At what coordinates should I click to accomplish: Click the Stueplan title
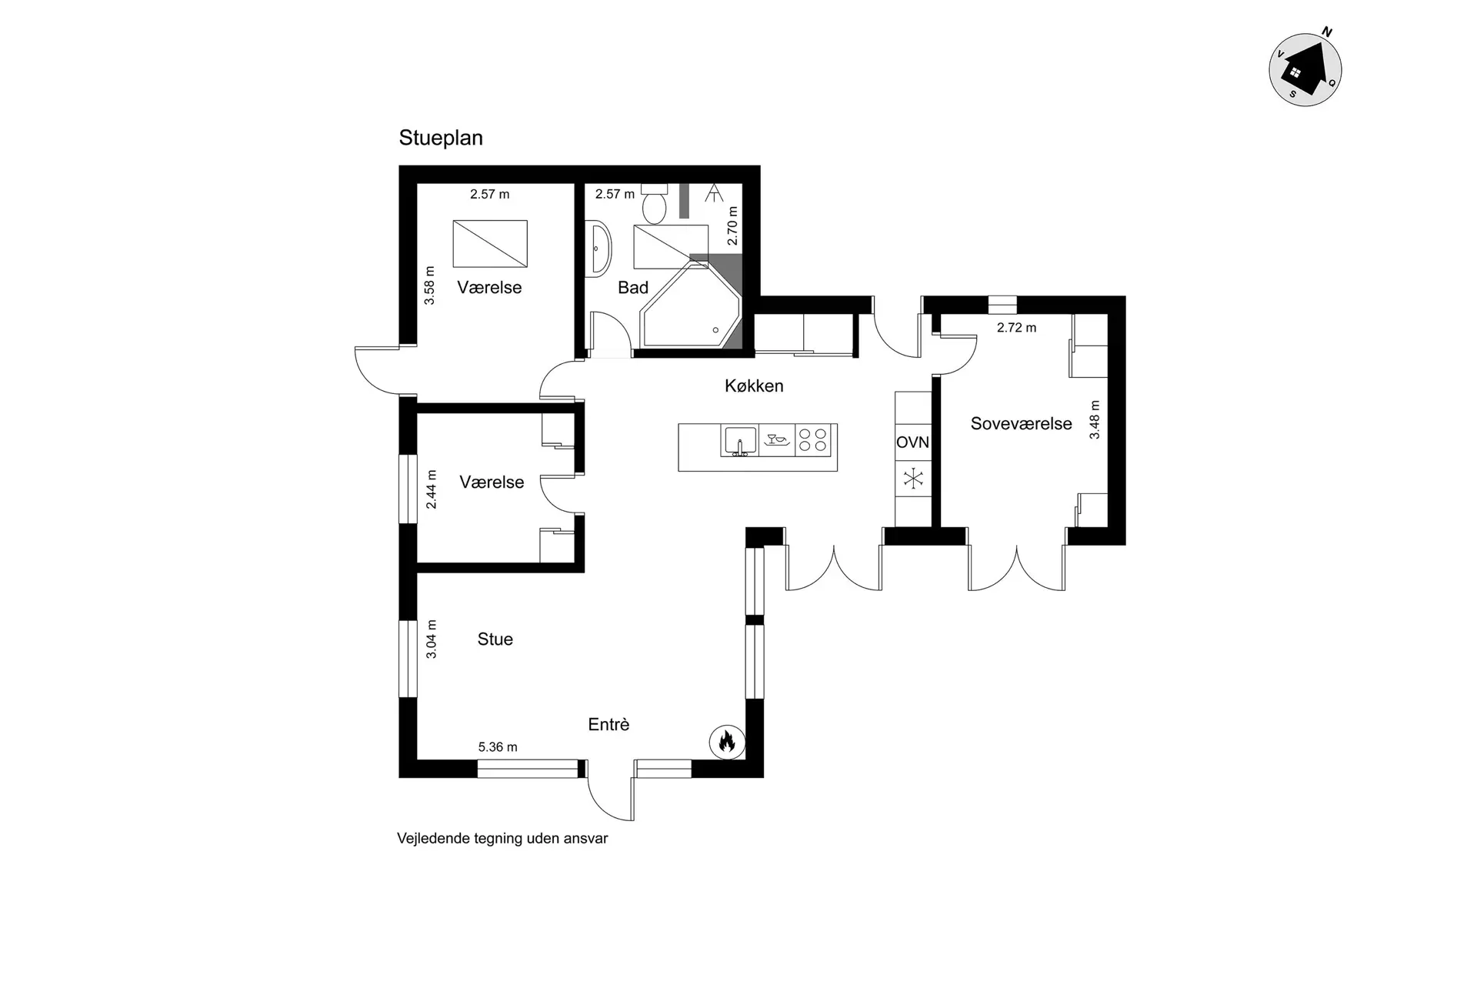click(x=441, y=139)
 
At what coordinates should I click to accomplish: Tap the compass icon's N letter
click(x=1327, y=32)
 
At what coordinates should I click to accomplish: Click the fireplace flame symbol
click(x=727, y=742)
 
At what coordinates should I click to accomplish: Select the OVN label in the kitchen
click(x=913, y=442)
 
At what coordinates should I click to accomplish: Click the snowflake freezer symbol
click(x=913, y=479)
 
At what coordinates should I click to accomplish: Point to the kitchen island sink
click(x=739, y=442)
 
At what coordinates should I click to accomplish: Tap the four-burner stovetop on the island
click(x=813, y=440)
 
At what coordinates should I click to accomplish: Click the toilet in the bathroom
click(x=655, y=203)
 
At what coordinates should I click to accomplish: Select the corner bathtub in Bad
click(x=690, y=306)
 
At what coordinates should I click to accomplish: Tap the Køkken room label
click(x=754, y=386)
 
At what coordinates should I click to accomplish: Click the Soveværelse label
click(x=1021, y=424)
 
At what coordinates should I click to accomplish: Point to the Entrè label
click(x=608, y=725)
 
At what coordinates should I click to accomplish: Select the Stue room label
click(x=495, y=639)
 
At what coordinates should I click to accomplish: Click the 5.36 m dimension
click(x=498, y=747)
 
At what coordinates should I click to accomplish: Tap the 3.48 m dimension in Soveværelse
click(x=1095, y=420)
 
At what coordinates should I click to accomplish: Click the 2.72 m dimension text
click(x=1016, y=328)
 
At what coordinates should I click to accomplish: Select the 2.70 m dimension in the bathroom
click(x=732, y=226)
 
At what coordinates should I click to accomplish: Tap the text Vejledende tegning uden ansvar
click(x=502, y=839)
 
